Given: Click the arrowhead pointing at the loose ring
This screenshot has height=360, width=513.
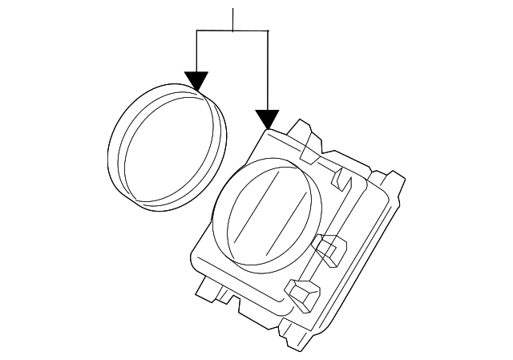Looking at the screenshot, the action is coord(196,79).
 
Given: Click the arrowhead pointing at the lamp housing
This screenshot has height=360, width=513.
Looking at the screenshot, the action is coord(266,119).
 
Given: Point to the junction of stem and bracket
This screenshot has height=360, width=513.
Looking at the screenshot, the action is coord(232,30).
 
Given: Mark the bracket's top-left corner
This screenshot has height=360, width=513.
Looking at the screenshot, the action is coord(196,30).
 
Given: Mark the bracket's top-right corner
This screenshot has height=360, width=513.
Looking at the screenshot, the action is coord(266,30).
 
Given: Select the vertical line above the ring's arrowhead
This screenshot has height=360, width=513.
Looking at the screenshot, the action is coord(196,51).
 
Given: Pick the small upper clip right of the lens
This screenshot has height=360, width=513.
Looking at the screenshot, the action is coord(342,178).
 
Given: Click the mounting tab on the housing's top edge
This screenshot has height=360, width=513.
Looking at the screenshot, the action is coord(304,131).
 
